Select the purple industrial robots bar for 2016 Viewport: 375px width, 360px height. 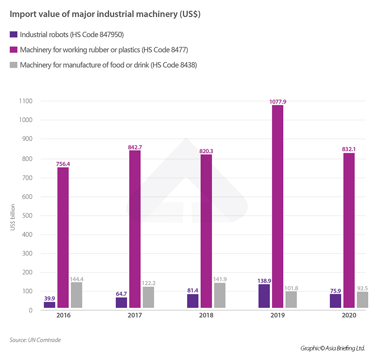point(50,305)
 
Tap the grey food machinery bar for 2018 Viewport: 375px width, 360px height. point(220,295)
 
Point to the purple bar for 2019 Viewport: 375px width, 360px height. point(264,296)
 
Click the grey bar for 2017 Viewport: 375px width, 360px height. point(148,297)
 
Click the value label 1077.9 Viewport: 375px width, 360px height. point(277,101)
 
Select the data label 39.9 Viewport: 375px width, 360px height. point(50,298)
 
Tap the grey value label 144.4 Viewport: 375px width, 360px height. point(77,279)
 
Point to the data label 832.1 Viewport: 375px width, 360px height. point(349,149)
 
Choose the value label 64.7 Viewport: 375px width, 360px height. point(121,294)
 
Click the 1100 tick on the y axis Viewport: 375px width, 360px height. point(26,101)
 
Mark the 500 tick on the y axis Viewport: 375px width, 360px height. point(27,215)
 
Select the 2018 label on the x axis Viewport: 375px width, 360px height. point(206,315)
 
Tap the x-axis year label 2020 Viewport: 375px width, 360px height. point(349,315)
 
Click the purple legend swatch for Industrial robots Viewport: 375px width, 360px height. point(13,35)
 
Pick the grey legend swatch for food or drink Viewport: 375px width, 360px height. point(13,65)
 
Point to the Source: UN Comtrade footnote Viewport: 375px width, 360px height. point(35,340)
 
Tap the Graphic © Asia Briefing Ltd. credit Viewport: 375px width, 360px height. point(332,348)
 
